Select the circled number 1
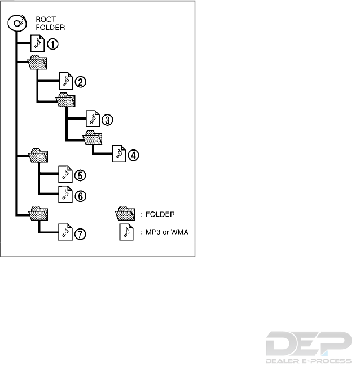(51, 43)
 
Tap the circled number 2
(81, 82)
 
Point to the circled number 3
(108, 120)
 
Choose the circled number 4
(133, 155)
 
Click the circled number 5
(81, 175)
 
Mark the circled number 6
(81, 195)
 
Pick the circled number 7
(81, 234)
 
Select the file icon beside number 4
(118, 154)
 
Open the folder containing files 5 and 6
(38, 156)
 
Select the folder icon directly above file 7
(38, 213)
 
